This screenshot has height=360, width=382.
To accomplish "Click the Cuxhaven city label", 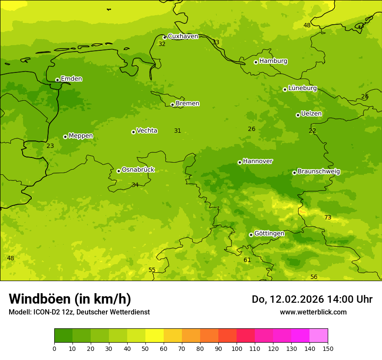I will (183, 36).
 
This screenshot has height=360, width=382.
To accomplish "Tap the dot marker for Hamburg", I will (256, 62).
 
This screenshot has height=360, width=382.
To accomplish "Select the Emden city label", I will (71, 79).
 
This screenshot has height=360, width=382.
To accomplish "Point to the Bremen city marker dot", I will (172, 105).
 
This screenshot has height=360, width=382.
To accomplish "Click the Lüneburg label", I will (302, 88).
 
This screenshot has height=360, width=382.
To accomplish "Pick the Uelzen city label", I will (311, 114).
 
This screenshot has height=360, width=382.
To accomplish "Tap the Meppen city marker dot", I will (65, 137).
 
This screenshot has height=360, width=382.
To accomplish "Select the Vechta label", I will (147, 131).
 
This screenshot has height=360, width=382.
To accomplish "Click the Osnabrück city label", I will (138, 170).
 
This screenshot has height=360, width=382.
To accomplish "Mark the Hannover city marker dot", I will (240, 162).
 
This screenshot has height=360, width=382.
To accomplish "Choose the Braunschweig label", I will (319, 172).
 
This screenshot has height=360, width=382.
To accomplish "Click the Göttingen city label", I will (269, 233).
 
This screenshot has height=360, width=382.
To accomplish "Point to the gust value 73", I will (328, 218).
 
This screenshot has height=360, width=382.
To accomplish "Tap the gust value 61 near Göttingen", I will (247, 260).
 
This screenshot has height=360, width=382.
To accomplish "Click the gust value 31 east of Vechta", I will (178, 131).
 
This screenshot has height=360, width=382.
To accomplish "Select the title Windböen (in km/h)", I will (70, 299).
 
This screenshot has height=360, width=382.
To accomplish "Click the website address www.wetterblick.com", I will (313, 312).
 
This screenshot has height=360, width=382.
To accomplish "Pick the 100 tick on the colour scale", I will (237, 348).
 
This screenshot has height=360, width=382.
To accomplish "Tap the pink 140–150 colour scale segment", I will (319, 336).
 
